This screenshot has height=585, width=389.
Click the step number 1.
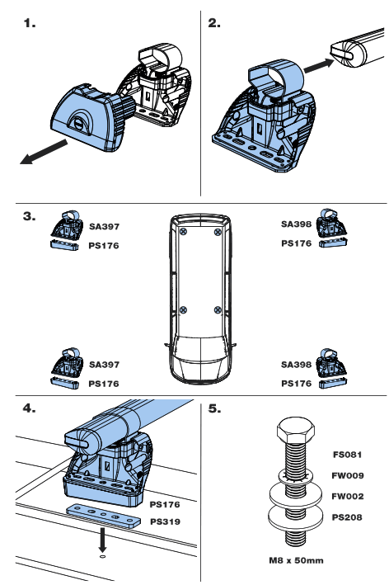[31, 26]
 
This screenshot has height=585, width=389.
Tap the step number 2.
[215, 26]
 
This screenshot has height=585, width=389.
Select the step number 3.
[30, 217]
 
